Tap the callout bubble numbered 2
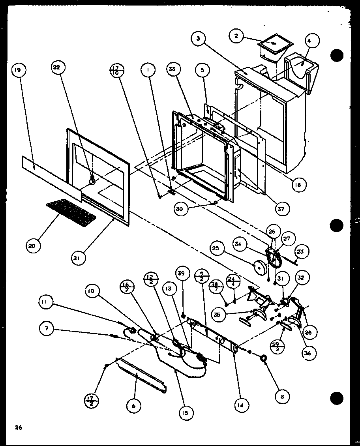point(236,36)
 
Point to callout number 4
point(311,40)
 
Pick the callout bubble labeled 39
point(183,274)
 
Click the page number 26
point(18,427)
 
